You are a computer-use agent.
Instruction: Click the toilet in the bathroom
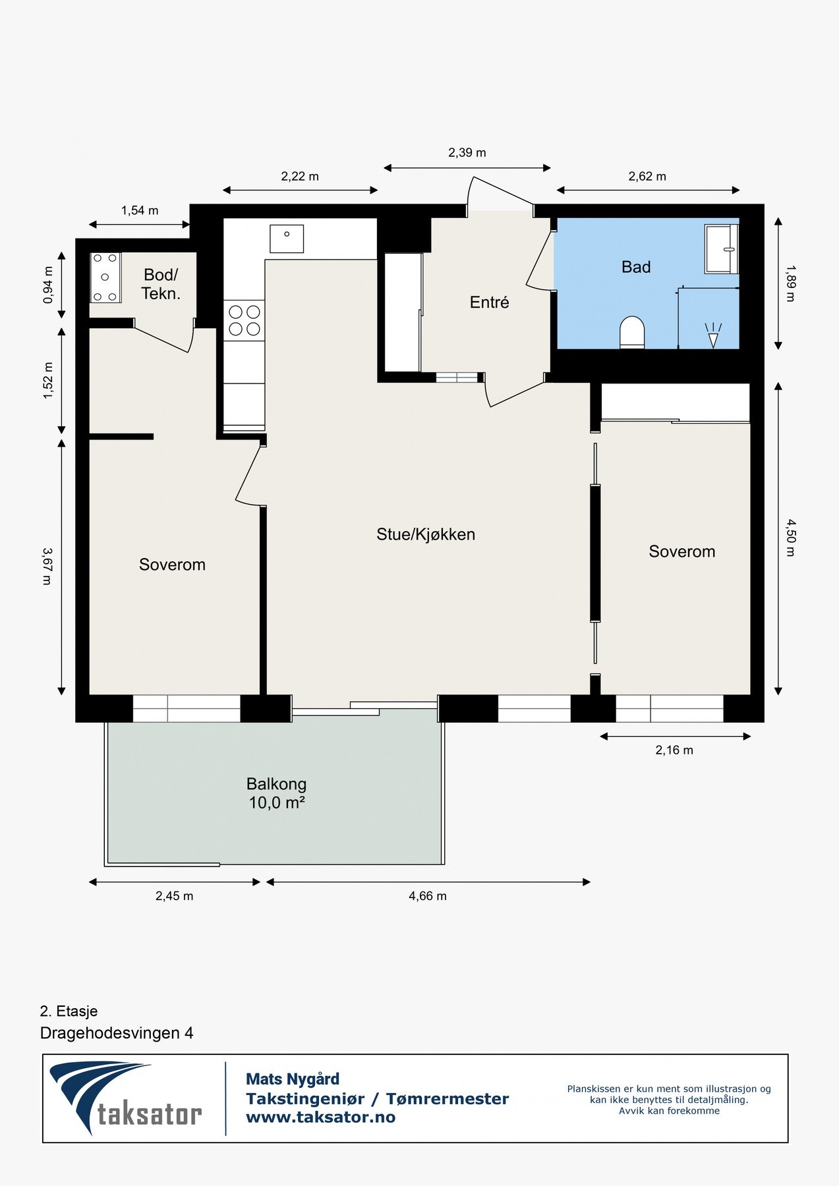[x=631, y=331]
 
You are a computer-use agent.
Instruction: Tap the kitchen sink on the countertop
[x=287, y=238]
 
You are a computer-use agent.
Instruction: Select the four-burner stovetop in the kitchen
[x=245, y=320]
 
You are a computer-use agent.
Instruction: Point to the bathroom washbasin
[x=722, y=248]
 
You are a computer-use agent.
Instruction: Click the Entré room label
[x=489, y=302]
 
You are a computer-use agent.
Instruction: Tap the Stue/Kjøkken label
[x=426, y=534]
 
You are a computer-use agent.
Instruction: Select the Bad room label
[x=636, y=267]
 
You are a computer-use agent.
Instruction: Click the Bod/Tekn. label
[x=161, y=284]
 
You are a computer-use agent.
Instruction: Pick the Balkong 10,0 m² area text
[x=276, y=793]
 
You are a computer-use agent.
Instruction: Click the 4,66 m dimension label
[x=428, y=896]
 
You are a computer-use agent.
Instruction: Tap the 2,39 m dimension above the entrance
[x=467, y=153]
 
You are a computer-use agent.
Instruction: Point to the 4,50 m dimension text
[x=790, y=538]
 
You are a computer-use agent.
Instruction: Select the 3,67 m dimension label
[x=47, y=566]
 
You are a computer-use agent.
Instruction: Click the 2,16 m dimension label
[x=674, y=750]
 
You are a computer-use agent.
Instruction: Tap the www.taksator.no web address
[x=320, y=1117]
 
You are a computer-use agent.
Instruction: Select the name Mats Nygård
[x=293, y=1079]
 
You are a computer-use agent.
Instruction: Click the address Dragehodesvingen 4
[x=117, y=1032]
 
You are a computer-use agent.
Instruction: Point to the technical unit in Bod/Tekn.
[x=105, y=277]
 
